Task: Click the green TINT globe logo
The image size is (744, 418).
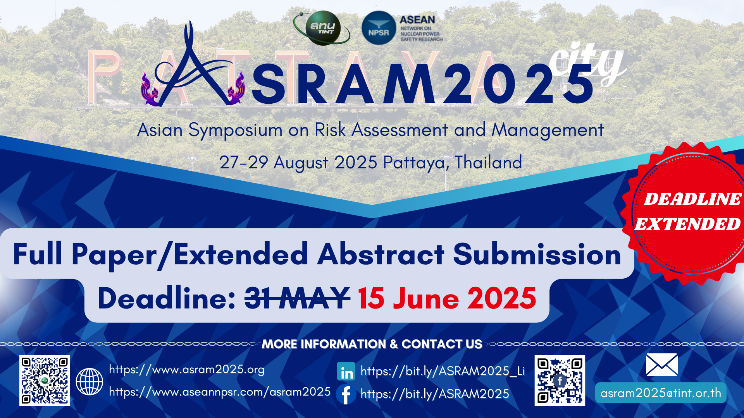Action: coord(322,28)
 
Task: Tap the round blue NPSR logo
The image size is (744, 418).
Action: coord(379,28)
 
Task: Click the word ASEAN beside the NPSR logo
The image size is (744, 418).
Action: coord(417,20)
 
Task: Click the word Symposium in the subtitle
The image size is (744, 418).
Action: coord(235,130)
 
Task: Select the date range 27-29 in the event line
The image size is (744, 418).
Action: coord(244,162)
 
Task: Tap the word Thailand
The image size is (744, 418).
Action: coord(488,162)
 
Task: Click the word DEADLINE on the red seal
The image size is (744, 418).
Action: coord(692,199)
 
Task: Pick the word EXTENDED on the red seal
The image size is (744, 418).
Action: coord(688,224)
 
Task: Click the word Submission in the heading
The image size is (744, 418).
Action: coord(537,255)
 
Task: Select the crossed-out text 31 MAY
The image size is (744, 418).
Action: coord(297,298)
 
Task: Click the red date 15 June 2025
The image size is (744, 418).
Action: coord(447,298)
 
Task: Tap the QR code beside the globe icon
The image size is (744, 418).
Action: coord(45,380)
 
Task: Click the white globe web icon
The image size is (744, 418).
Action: coord(90,382)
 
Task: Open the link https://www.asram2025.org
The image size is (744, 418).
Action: coord(187,369)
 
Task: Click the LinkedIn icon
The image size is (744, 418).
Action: coord(346,372)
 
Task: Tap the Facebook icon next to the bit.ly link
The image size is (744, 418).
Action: coord(346,394)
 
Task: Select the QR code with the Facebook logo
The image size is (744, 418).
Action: coord(560,380)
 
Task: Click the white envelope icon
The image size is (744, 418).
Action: coord(662,365)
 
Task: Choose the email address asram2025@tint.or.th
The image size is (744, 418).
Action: coord(661,393)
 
